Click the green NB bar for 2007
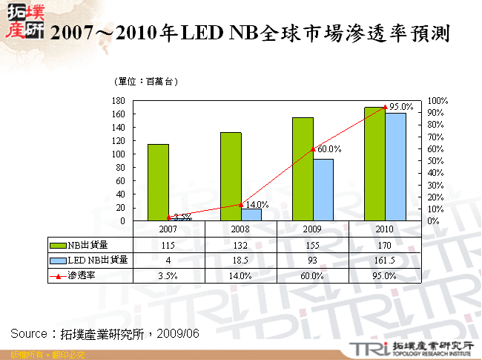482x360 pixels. tap(158, 182)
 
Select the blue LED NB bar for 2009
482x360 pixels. tap(323, 189)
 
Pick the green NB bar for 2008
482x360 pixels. tap(231, 176)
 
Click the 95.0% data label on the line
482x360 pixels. tap(401, 107)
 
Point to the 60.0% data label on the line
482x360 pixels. tap(329, 149)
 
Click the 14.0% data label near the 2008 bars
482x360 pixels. tap(257, 204)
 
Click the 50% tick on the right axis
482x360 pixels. tap(435, 160)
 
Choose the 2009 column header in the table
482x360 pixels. tap(313, 229)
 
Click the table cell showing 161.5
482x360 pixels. tap(385, 260)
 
